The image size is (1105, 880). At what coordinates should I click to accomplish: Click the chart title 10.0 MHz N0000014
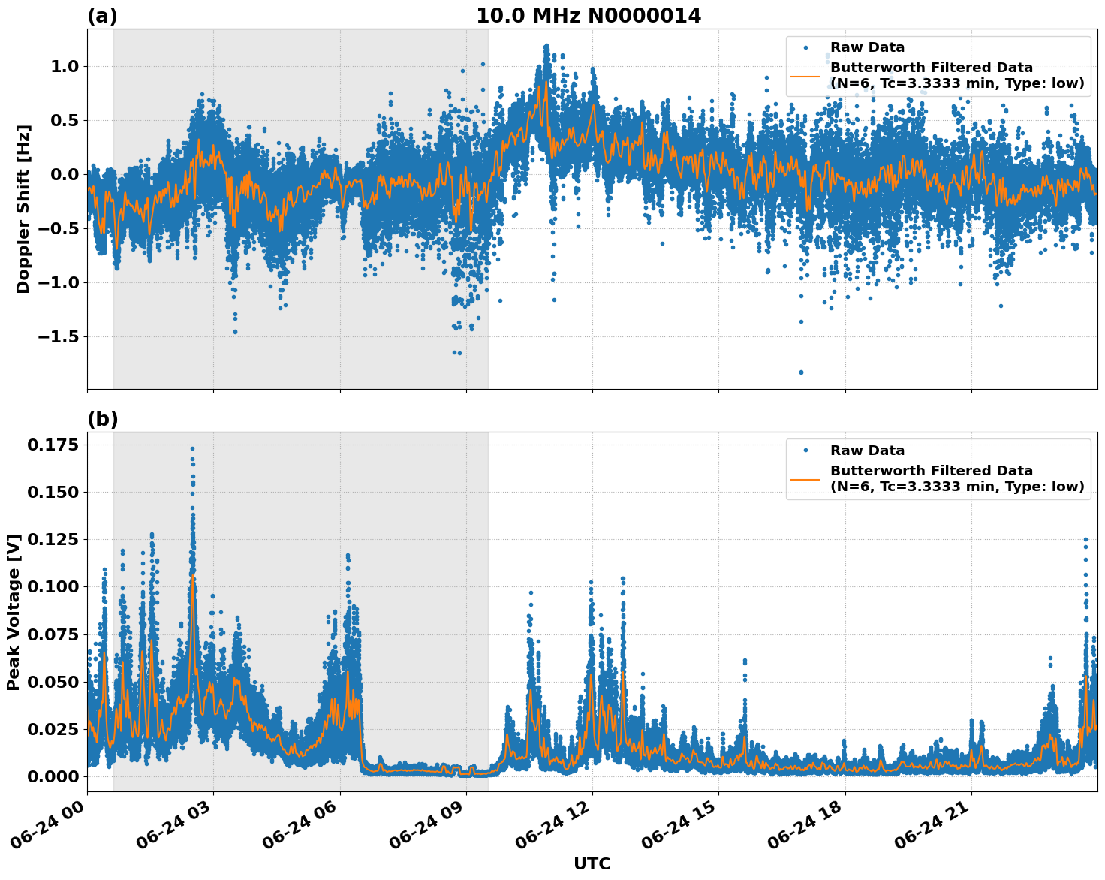(x=589, y=16)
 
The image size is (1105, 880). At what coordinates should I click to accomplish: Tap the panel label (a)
(x=102, y=16)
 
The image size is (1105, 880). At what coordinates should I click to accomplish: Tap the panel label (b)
(x=102, y=419)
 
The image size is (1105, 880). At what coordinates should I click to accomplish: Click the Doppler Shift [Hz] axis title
(x=23, y=209)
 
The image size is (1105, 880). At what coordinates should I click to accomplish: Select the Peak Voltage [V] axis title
(x=13, y=612)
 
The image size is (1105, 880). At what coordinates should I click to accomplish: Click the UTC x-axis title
(x=592, y=863)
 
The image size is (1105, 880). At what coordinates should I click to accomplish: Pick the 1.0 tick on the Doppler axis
(x=65, y=66)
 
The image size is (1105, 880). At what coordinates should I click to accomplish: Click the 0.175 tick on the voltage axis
(x=53, y=445)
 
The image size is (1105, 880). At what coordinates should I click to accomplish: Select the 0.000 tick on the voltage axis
(x=53, y=776)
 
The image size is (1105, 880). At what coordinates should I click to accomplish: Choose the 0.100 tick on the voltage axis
(x=53, y=586)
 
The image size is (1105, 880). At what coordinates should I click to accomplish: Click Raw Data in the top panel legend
(x=867, y=47)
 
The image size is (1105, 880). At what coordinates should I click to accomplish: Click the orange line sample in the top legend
(x=805, y=75)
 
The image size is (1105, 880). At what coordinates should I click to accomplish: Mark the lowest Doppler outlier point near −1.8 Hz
(x=801, y=372)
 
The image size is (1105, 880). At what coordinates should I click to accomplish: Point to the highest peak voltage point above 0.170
(x=192, y=448)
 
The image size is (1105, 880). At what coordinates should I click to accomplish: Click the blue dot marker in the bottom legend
(x=805, y=451)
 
